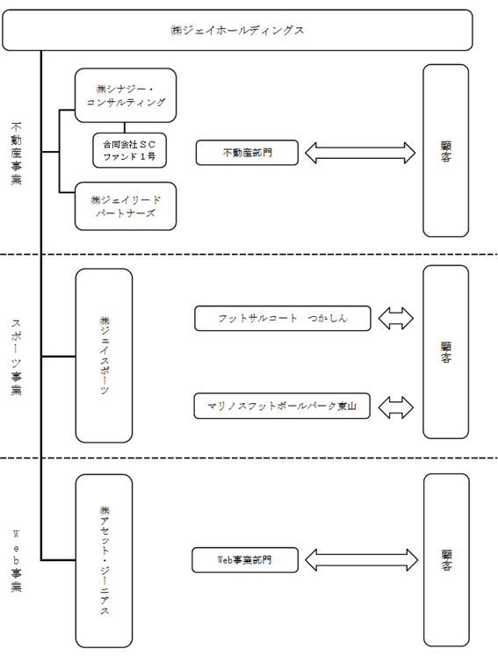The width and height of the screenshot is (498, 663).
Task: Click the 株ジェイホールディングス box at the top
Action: coord(237,30)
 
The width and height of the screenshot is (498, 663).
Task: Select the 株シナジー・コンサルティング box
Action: coord(126,96)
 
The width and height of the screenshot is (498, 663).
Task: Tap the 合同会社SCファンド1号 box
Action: coord(129,150)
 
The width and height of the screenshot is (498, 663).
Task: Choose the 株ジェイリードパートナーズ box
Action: coord(126,206)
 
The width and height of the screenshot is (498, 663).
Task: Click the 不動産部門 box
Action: coord(247,153)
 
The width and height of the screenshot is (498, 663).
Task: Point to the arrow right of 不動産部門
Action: coord(360,153)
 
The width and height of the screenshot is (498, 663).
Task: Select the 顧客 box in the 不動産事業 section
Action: coord(446,150)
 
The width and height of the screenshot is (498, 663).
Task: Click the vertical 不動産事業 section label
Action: coord(16,154)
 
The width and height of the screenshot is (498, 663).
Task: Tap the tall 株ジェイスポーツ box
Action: coord(104,356)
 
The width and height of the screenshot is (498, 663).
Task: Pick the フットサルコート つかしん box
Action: coord(283,319)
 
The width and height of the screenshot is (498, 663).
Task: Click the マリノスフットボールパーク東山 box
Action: coord(282,406)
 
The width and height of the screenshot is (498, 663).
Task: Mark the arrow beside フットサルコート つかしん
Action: coord(396,319)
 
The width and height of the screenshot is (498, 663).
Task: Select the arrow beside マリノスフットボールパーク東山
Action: coord(396,407)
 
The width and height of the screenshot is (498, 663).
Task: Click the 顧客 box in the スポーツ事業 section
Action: coord(446,352)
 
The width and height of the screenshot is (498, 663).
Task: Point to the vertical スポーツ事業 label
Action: coord(16,357)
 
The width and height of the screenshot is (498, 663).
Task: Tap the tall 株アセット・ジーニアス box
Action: coord(104,560)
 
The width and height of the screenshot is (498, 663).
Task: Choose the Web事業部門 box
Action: coord(245,560)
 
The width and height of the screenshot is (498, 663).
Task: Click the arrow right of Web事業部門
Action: coord(362,560)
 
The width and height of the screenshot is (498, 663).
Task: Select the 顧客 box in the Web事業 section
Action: coord(446,560)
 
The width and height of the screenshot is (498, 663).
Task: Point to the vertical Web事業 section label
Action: coord(16,560)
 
